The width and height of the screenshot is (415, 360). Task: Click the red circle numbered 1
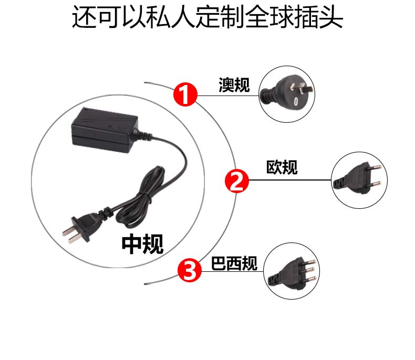point(185,94)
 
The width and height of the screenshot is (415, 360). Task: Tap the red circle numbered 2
point(236,181)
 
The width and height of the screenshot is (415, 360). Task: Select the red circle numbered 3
point(190,270)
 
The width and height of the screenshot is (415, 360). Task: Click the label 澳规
point(234,85)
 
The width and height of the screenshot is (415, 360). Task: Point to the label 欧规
point(282,167)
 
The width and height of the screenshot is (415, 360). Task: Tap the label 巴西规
point(234,263)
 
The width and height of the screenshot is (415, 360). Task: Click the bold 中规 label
point(142,244)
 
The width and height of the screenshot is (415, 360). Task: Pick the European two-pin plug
point(357,178)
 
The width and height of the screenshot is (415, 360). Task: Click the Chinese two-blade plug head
point(81,227)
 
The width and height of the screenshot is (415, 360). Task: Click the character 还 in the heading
point(85,17)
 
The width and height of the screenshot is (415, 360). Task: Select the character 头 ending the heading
point(331,17)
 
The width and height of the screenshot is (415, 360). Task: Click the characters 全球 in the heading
point(269,17)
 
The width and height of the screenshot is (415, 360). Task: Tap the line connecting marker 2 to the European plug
point(290,180)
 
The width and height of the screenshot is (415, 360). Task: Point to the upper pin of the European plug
point(375,167)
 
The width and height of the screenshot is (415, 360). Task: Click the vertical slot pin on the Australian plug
point(296,101)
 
